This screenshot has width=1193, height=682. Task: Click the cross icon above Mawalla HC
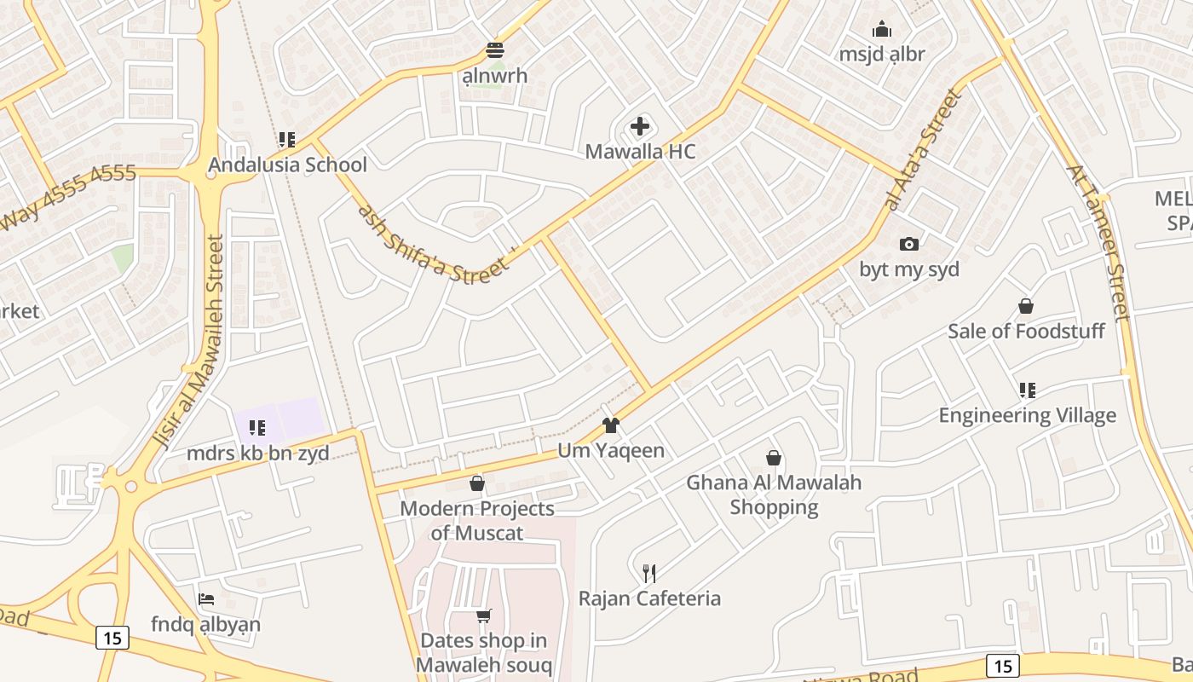click(x=640, y=127)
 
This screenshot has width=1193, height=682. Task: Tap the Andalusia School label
click(x=288, y=165)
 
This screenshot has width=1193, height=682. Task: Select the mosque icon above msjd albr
click(x=882, y=30)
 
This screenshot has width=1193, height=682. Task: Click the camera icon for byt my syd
click(x=909, y=245)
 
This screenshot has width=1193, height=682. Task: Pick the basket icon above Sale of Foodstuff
click(x=1026, y=306)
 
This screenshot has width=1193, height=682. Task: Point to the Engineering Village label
click(x=1027, y=415)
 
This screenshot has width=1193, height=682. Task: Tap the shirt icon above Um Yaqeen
click(x=610, y=425)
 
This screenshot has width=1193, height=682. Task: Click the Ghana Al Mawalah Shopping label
click(x=774, y=494)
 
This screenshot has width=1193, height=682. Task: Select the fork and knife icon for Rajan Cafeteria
click(x=649, y=573)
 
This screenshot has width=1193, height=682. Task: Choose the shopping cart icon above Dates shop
click(x=484, y=616)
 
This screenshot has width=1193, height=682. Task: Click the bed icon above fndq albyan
click(x=206, y=599)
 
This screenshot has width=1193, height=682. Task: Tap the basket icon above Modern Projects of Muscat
click(x=477, y=483)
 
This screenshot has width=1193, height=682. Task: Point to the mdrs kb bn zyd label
click(x=257, y=453)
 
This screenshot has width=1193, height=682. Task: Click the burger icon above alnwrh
click(x=495, y=50)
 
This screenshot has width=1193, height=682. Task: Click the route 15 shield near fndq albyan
click(x=112, y=637)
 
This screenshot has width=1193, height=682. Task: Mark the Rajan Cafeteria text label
click(x=649, y=598)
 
